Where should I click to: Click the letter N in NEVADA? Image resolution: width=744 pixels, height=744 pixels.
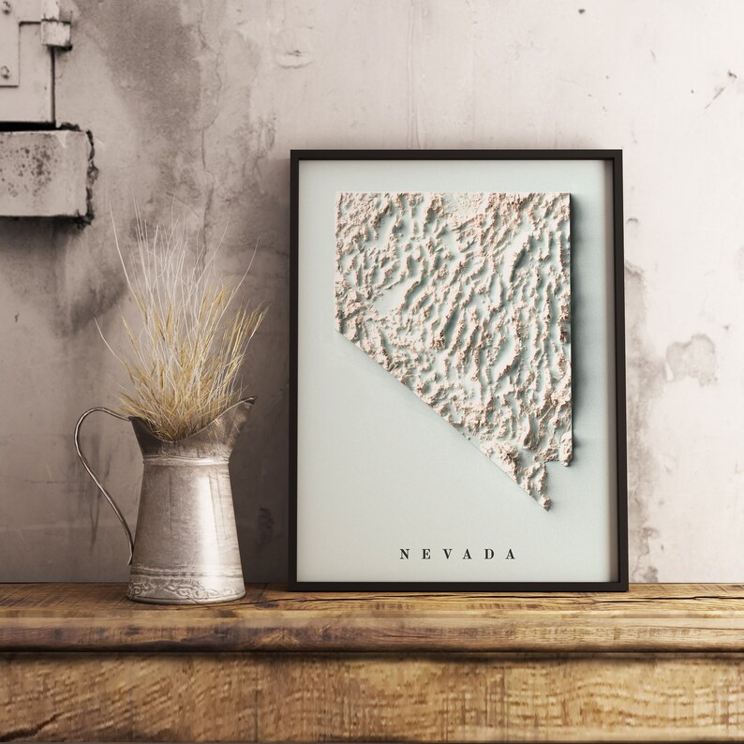[x=403, y=553]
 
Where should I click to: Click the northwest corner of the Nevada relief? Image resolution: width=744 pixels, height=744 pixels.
[x=338, y=196]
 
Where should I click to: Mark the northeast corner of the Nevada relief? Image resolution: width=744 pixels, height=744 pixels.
[x=569, y=194]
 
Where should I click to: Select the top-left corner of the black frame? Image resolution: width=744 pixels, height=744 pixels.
[x=292, y=153]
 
